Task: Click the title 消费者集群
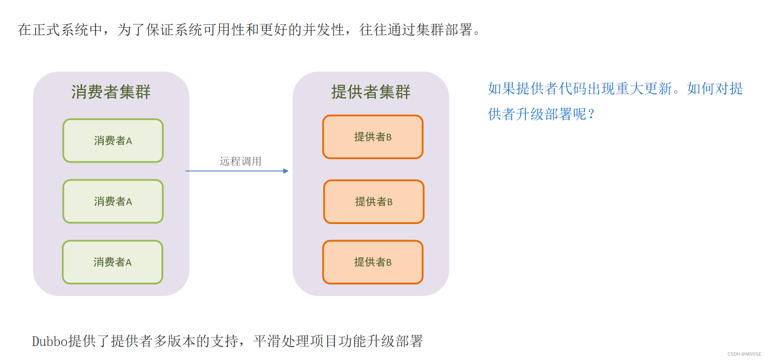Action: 111,92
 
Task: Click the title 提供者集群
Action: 370,92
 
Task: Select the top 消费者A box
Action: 113,140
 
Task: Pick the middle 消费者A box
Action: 113,201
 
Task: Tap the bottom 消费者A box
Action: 113,262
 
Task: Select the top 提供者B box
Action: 373,137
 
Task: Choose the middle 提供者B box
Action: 374,201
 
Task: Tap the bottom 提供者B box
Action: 373,262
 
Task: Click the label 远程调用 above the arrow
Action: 240,161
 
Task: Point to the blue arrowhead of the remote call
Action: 286,171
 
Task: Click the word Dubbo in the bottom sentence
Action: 49,341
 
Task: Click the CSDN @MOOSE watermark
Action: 744,354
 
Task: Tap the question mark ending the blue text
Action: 591,114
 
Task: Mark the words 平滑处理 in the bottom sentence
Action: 281,341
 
